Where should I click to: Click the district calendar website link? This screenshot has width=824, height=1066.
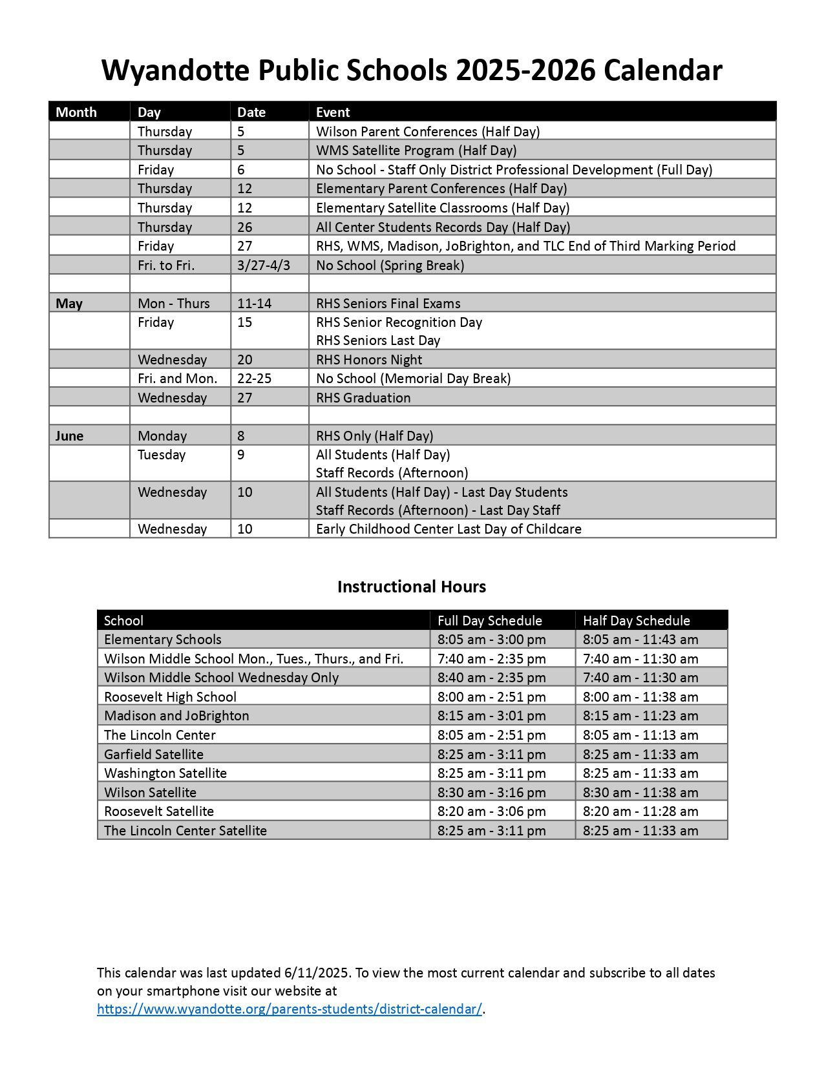(290, 1009)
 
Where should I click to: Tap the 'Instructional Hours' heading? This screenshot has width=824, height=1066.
(412, 587)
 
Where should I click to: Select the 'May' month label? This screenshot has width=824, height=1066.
(69, 304)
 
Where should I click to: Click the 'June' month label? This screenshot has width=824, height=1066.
(69, 436)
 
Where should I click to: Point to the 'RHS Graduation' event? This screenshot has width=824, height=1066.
(363, 398)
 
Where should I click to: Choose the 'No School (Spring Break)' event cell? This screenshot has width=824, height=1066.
(390, 266)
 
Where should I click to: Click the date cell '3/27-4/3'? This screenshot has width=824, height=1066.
(264, 266)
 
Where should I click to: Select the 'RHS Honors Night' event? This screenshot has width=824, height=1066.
(368, 360)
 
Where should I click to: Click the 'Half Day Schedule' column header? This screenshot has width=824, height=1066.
(637, 621)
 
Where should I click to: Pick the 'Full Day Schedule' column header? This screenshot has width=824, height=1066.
(489, 621)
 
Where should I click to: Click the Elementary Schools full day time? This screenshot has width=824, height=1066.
(491, 640)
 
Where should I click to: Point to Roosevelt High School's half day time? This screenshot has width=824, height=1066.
(640, 697)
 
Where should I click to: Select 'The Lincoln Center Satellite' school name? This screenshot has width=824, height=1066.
(185, 831)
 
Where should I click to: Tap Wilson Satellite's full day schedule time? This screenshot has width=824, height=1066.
(491, 793)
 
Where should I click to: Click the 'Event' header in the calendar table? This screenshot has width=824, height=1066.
(333, 112)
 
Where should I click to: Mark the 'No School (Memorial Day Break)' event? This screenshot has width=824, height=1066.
(413, 379)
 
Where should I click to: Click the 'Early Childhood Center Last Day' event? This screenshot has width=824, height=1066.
(449, 529)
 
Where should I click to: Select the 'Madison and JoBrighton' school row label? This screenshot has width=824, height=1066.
(176, 716)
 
